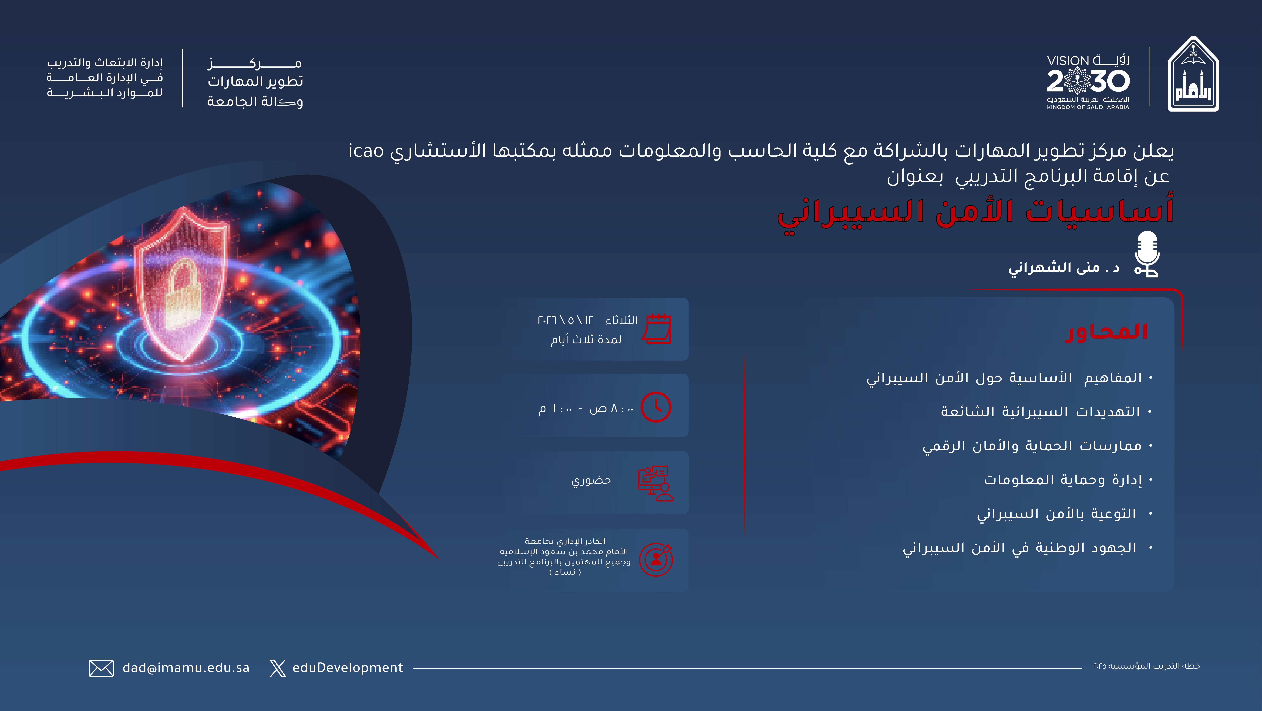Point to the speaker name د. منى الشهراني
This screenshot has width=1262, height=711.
tap(1064, 267)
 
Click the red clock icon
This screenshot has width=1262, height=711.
tap(656, 407)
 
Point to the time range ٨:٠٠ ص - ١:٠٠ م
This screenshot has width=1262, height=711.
tap(586, 408)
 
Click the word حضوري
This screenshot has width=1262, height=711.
tap(591, 480)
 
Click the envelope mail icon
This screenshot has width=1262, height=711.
tap(101, 668)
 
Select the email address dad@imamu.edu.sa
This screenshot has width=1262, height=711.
tap(186, 668)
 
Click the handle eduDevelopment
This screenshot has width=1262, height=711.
tap(347, 668)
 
